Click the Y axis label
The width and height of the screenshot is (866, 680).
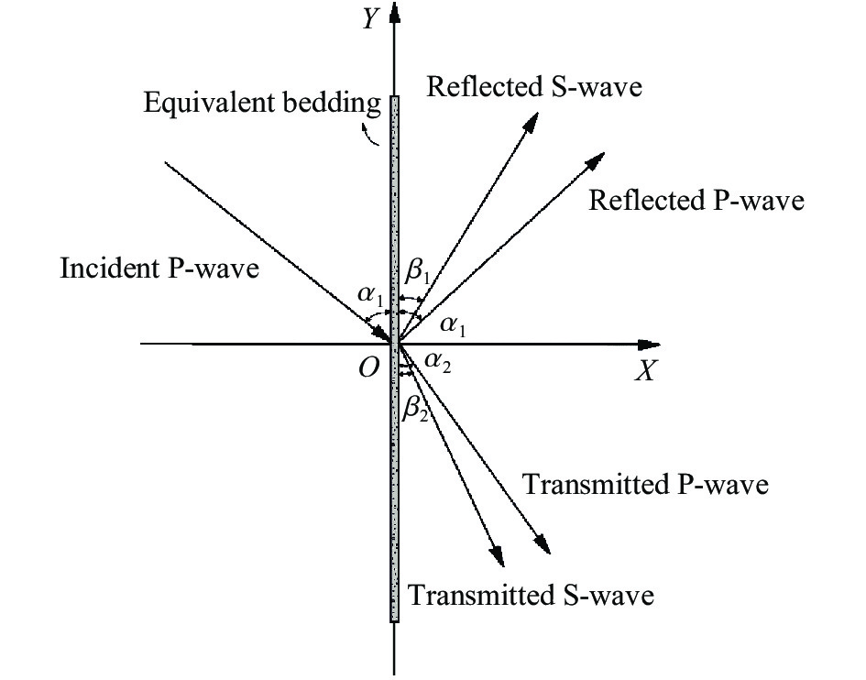click(369, 19)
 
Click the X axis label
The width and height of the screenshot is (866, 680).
click(648, 370)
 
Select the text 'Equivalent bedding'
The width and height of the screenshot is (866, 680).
click(262, 102)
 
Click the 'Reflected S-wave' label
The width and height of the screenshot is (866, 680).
click(534, 86)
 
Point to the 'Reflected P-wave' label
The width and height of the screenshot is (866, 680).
click(696, 200)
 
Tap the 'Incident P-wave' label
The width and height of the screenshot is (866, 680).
click(160, 269)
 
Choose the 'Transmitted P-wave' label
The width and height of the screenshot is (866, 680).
click(644, 484)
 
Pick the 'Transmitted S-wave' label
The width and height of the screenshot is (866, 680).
click(531, 596)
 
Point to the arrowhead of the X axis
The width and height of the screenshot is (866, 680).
click(650, 345)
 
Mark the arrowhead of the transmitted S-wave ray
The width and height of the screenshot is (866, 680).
click(498, 554)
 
